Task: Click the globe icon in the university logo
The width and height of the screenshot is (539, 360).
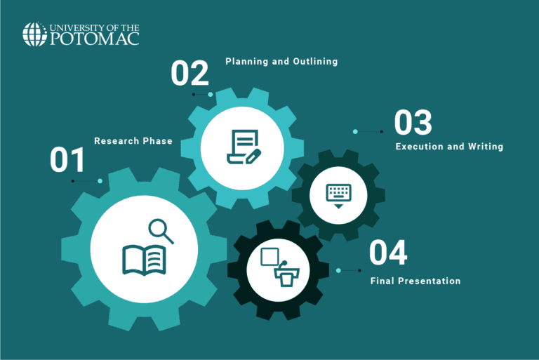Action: (34, 34)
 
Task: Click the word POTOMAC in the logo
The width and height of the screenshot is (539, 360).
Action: (95, 39)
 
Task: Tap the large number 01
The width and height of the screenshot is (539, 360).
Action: (67, 160)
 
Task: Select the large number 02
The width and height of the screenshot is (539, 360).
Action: (189, 74)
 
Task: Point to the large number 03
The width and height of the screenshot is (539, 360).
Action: (413, 123)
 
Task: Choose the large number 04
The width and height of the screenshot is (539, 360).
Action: (388, 253)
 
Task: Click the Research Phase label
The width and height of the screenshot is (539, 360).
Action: (133, 141)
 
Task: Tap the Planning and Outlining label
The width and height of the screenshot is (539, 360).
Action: (281, 62)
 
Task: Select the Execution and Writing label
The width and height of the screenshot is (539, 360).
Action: (449, 147)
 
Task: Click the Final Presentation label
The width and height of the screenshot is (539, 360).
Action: (415, 281)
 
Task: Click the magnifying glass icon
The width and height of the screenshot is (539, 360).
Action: (161, 231)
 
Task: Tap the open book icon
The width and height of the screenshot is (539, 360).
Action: (145, 259)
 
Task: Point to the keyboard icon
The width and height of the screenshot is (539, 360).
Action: (338, 194)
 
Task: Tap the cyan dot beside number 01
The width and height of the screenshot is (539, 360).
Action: (100, 181)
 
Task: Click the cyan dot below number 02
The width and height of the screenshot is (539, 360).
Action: (210, 94)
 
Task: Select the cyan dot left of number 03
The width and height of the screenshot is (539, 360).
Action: (355, 131)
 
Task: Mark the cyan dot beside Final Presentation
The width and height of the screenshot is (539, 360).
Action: (338, 270)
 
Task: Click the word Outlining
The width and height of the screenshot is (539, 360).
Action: (315, 62)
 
